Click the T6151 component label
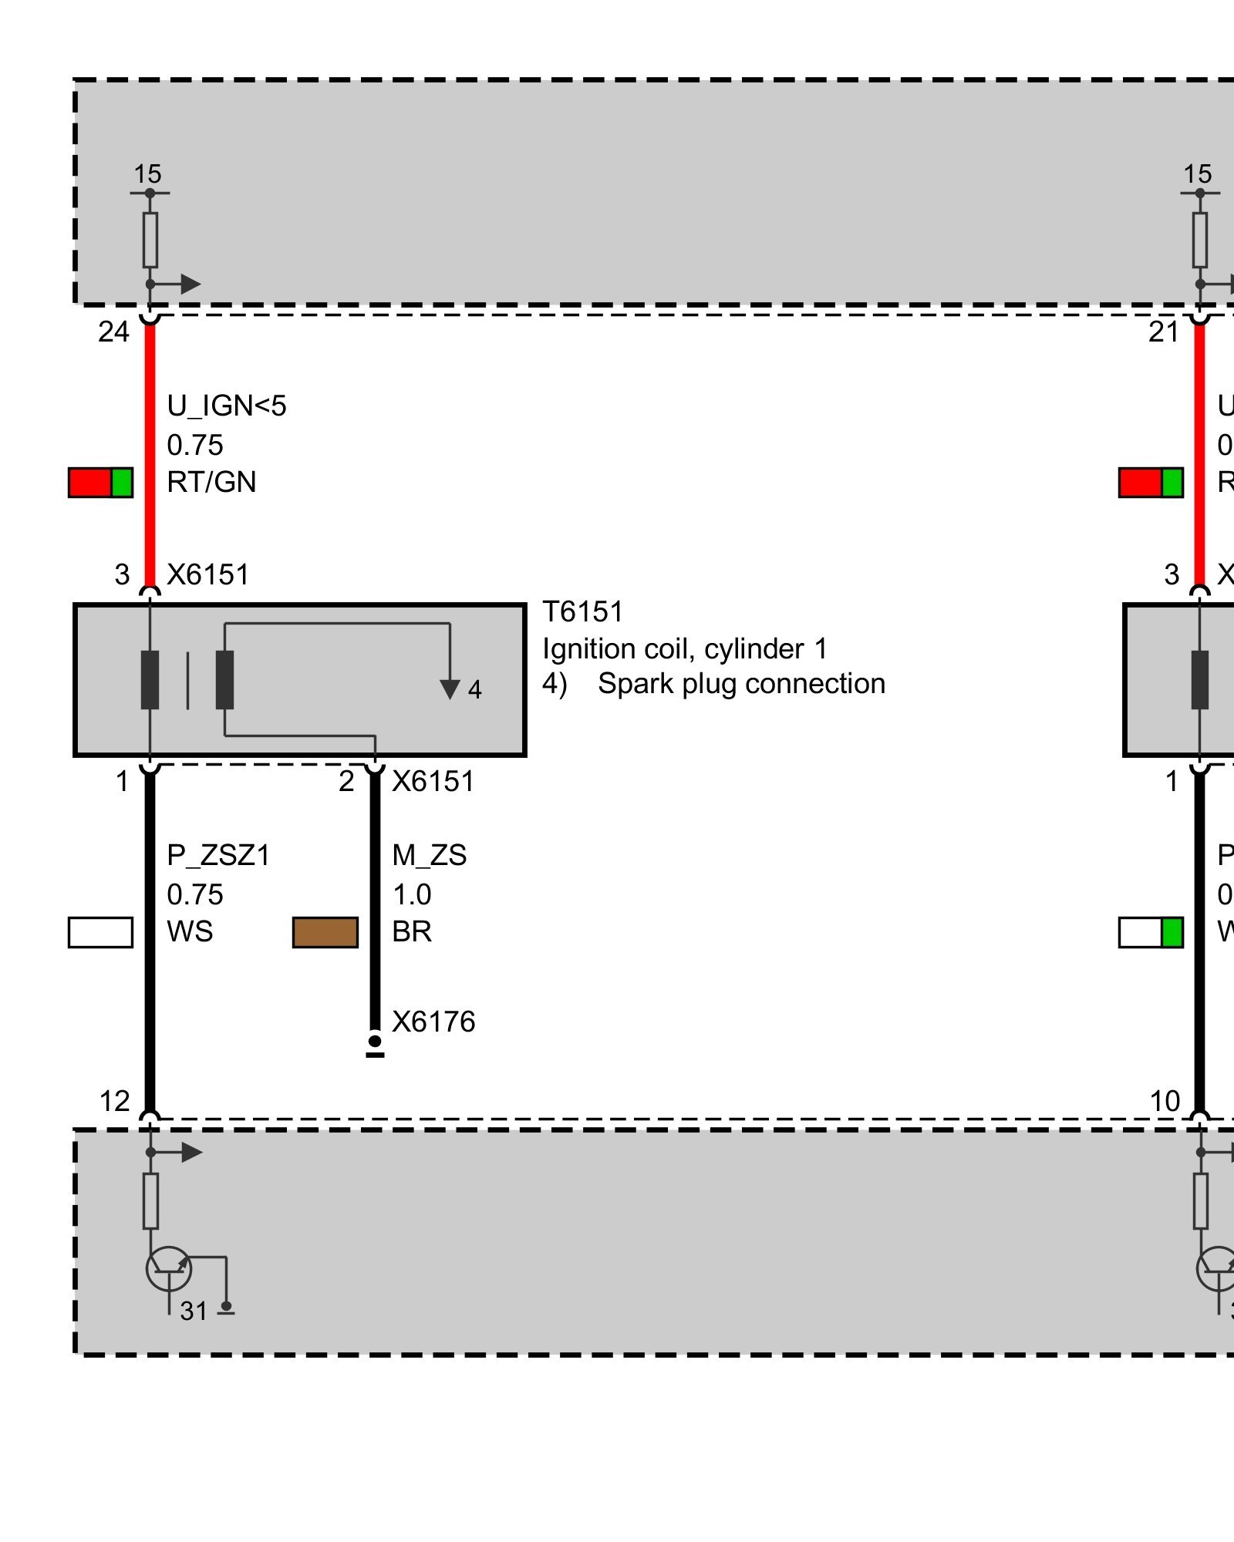(x=582, y=612)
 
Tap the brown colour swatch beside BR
(x=325, y=932)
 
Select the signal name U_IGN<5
(x=226, y=406)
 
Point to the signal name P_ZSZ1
(x=218, y=856)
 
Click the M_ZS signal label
(x=429, y=856)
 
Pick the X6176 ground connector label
(x=433, y=1022)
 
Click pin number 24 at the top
(x=113, y=332)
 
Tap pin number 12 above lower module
(x=114, y=1102)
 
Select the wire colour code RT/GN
(x=211, y=483)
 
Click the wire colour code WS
(x=190, y=932)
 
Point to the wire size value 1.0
(x=412, y=895)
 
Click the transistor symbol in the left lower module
(x=169, y=1268)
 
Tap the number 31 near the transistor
(x=194, y=1311)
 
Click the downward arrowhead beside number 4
(x=450, y=689)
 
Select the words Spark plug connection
(x=741, y=685)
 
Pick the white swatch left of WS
(x=100, y=932)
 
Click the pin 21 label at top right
(x=1163, y=332)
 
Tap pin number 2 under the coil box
(x=346, y=782)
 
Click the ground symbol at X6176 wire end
(x=375, y=1047)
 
